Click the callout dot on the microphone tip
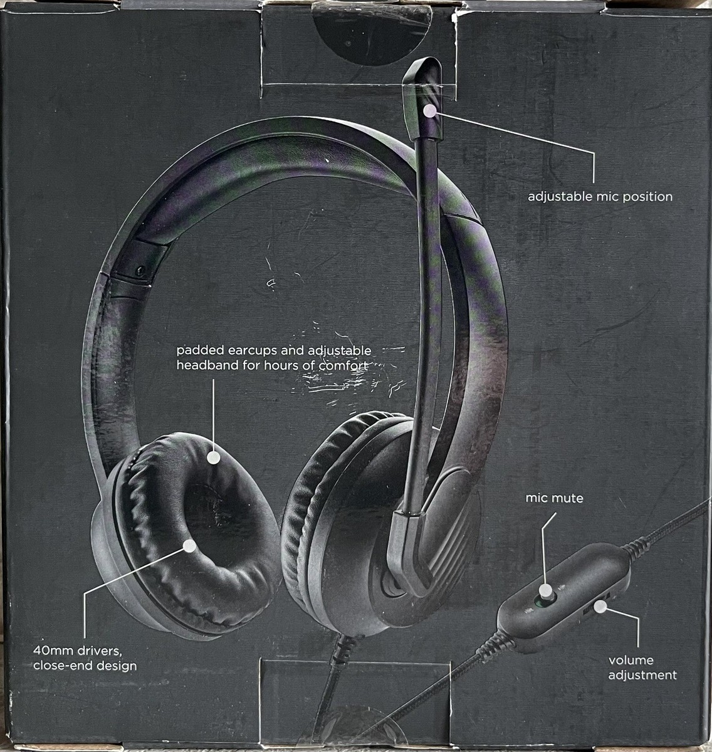coord(429,111)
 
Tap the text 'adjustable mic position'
coord(600,197)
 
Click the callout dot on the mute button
coord(546,590)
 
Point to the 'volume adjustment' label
coord(642,667)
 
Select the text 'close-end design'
coord(85,666)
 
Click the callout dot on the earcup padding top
coord(214,457)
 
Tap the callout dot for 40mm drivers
coord(187,546)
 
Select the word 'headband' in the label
coord(207,364)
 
